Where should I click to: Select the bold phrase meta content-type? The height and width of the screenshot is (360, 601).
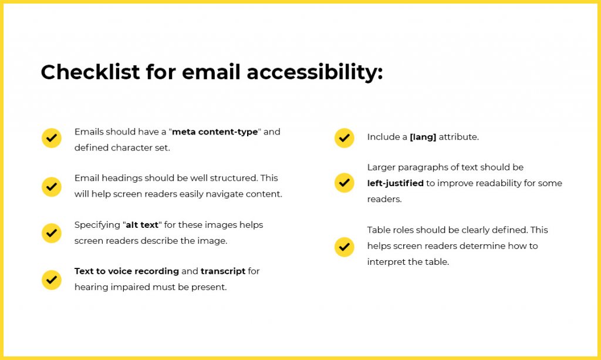point(215,132)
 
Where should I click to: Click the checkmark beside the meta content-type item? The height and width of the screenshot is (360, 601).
point(52,138)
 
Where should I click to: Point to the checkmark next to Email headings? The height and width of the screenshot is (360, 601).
point(52,186)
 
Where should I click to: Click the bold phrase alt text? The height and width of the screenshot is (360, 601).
point(142,225)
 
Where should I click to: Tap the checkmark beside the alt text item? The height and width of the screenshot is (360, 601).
point(52,233)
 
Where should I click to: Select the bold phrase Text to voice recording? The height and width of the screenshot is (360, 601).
point(126,271)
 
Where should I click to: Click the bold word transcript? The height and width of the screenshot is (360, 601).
point(222,271)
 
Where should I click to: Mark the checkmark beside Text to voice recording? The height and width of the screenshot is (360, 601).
point(52,279)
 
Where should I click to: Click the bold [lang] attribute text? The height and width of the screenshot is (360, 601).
point(423,137)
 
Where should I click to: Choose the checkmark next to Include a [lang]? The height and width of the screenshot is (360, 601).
point(345,138)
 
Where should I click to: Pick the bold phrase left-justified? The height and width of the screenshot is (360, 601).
point(395,183)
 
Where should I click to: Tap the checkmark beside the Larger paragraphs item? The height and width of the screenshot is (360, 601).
point(345,183)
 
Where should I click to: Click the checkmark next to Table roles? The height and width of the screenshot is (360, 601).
point(345,246)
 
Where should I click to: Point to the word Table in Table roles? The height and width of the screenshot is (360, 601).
point(379,230)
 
